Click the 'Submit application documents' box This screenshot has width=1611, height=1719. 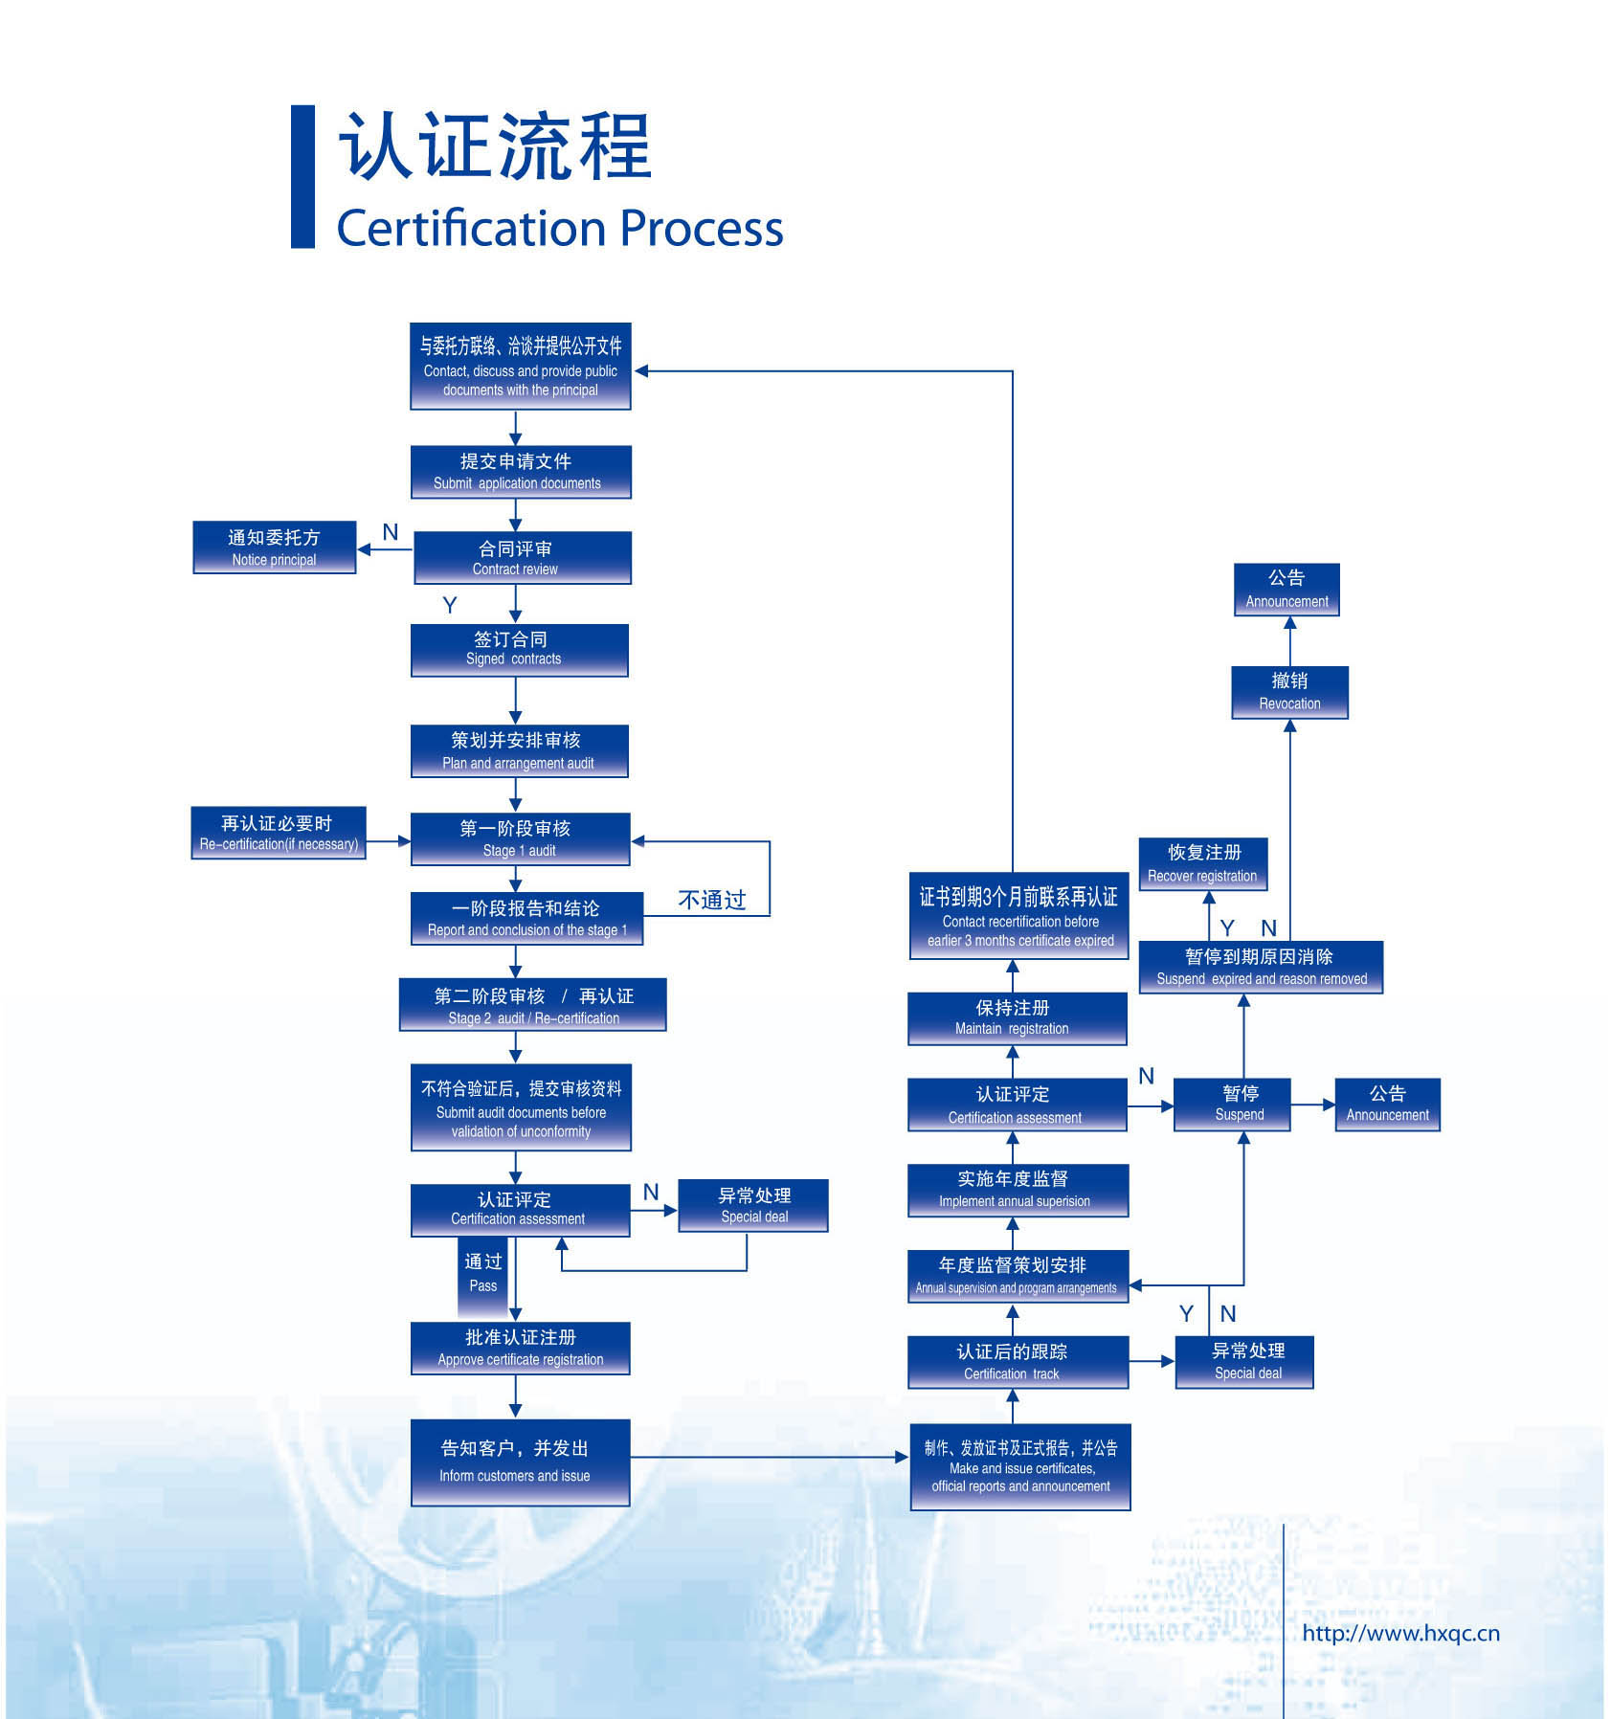click(520, 471)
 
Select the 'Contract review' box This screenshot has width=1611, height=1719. click(522, 557)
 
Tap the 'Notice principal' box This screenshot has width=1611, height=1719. click(274, 547)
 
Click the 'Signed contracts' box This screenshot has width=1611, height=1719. click(519, 650)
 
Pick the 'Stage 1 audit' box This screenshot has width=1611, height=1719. click(520, 838)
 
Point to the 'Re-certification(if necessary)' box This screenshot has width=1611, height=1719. click(278, 833)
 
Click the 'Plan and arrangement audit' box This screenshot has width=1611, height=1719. click(519, 750)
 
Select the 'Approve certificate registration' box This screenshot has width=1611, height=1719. click(520, 1348)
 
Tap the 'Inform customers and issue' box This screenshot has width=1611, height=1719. click(520, 1462)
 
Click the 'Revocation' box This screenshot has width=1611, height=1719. click(1288, 691)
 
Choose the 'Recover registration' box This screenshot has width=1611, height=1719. click(1202, 863)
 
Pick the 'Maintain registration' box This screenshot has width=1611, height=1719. click(1016, 1017)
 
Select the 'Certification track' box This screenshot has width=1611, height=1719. click(1017, 1361)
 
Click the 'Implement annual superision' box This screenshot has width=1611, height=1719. click(1017, 1190)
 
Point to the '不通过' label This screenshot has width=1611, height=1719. click(711, 900)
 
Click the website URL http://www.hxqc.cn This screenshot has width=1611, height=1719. click(1399, 1633)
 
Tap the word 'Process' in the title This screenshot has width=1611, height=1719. click(701, 228)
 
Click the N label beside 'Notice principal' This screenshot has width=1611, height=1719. click(390, 532)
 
